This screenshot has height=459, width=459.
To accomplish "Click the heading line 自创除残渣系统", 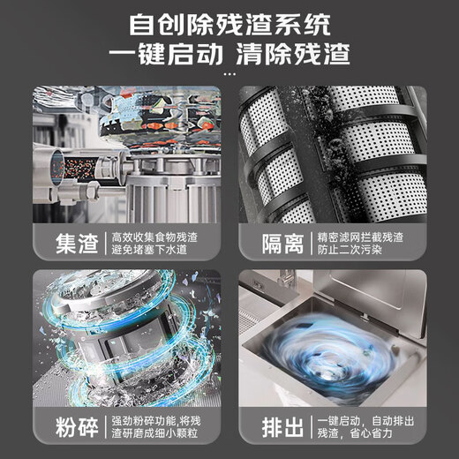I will (x=229, y=21).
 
